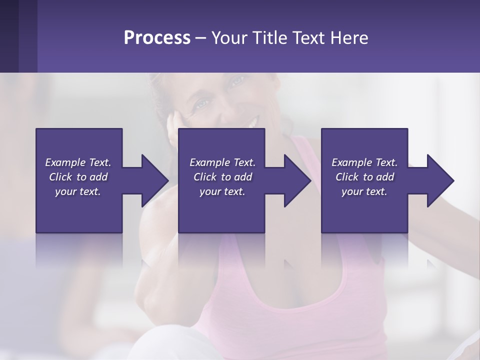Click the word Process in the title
point(157,38)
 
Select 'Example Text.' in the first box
point(78,162)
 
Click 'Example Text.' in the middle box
point(222,162)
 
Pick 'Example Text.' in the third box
point(364,162)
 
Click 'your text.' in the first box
point(78,191)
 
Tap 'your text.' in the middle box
point(222,191)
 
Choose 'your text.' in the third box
point(364,191)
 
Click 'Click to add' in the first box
point(78,177)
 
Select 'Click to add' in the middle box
point(222,177)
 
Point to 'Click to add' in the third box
point(364,177)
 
